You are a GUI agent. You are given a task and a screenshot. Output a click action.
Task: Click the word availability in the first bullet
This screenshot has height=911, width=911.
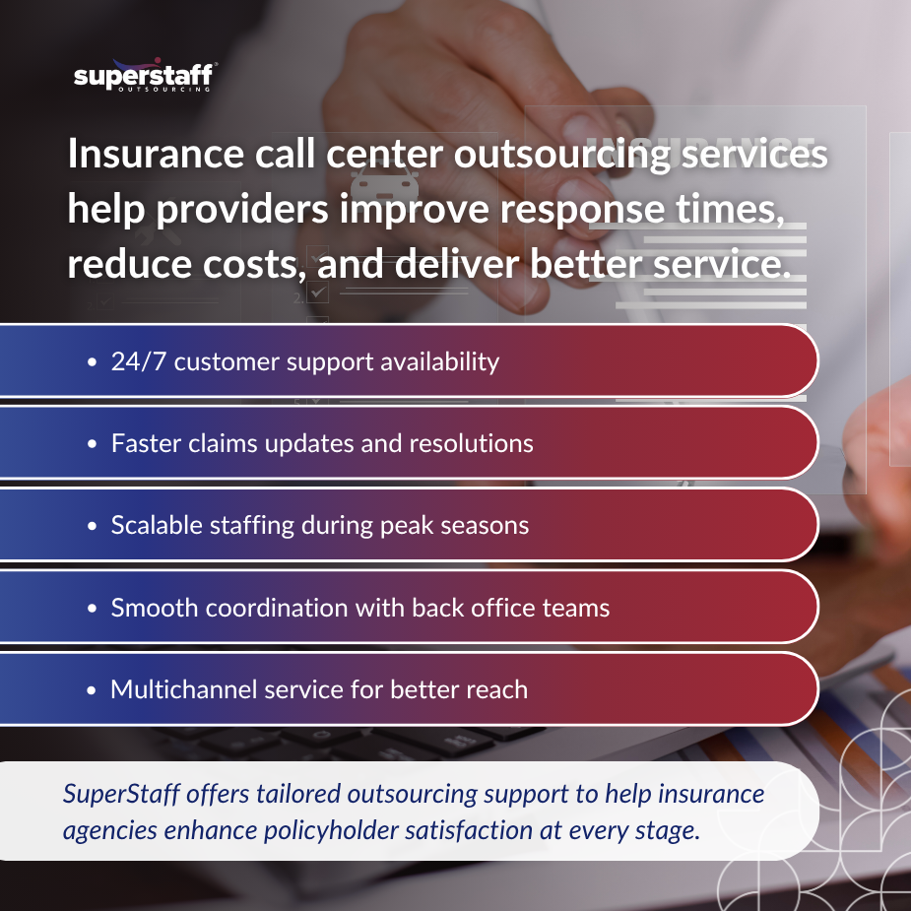432,361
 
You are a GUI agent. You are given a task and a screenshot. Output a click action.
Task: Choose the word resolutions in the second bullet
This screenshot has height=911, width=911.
469,443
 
